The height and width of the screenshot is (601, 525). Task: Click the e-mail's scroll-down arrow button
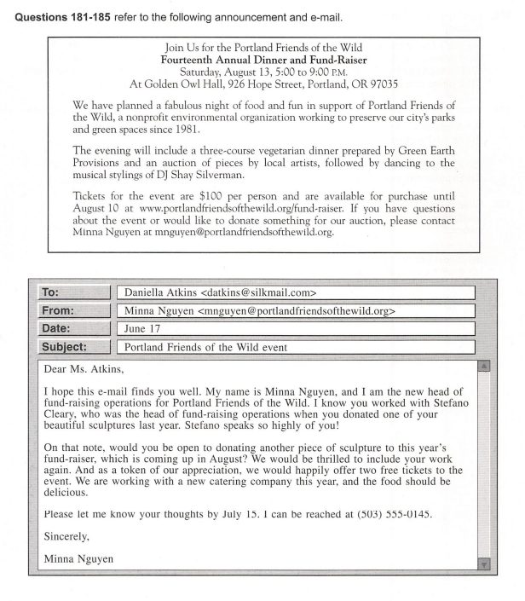[x=483, y=563]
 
